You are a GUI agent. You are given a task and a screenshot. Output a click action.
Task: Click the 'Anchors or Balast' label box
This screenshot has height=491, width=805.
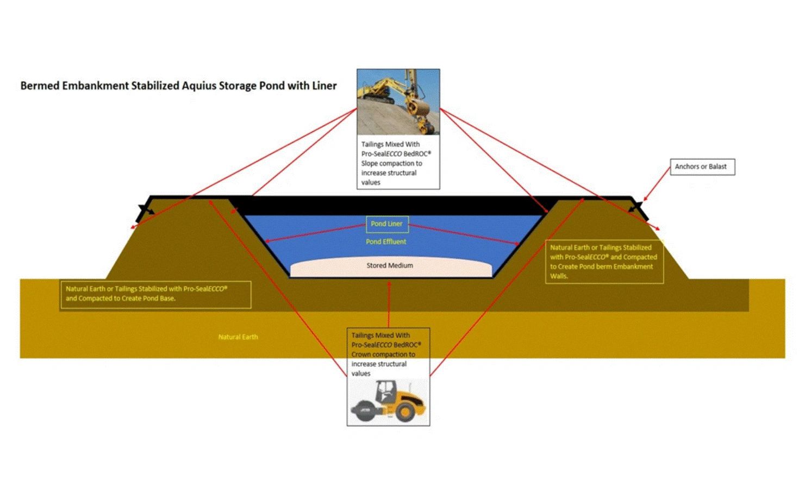point(701,166)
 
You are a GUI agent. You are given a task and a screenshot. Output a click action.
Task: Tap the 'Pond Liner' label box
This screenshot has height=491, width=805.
point(386,224)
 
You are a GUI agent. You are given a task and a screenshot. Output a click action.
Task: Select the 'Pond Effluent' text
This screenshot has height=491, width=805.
point(386,241)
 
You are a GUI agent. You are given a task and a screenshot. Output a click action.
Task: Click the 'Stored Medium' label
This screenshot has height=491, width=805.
point(390,265)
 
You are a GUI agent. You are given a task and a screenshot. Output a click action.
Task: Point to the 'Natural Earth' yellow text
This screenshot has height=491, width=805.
point(238,337)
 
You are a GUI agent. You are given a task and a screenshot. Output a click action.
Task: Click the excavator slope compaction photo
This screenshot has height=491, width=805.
point(398,102)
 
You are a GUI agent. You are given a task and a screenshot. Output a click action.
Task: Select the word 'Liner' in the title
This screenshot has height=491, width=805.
point(325,85)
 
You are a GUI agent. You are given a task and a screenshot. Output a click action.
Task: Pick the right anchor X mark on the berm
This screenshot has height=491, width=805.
point(635,207)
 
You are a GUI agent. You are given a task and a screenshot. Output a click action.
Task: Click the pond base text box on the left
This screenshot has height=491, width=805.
point(155,294)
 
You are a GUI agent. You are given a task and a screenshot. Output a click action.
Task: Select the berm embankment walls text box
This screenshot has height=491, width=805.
point(603,262)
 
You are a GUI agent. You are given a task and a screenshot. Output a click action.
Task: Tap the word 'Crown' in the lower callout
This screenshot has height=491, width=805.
point(361,355)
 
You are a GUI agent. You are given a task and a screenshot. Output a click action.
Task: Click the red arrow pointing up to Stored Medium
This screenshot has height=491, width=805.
point(389,304)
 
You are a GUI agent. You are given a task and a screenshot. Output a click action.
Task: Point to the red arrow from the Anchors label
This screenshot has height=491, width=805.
point(657,184)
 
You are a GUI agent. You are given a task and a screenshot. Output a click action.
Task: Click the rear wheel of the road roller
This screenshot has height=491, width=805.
point(405,412)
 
